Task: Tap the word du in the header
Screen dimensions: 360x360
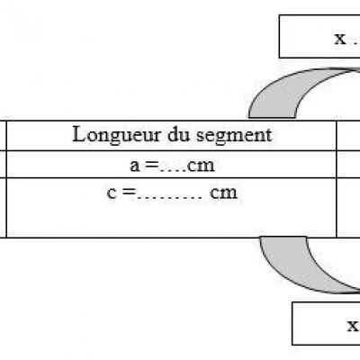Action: [x=179, y=134]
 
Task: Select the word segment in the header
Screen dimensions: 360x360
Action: [x=234, y=136]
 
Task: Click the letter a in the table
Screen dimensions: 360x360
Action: [x=135, y=166]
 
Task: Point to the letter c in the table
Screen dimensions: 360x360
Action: [x=112, y=193]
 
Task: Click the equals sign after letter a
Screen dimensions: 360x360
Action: [x=152, y=166]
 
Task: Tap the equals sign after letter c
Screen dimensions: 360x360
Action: [x=130, y=193]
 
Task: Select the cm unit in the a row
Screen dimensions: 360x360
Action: [x=201, y=166]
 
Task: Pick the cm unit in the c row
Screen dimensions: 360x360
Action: [x=223, y=193]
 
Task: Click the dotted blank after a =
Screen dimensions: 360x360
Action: [x=173, y=171]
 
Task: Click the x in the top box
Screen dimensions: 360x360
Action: [x=340, y=39]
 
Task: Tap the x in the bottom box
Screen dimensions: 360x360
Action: [x=353, y=326]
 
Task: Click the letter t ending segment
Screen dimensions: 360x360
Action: [x=269, y=136]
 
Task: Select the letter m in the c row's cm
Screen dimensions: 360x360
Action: [x=229, y=193]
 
